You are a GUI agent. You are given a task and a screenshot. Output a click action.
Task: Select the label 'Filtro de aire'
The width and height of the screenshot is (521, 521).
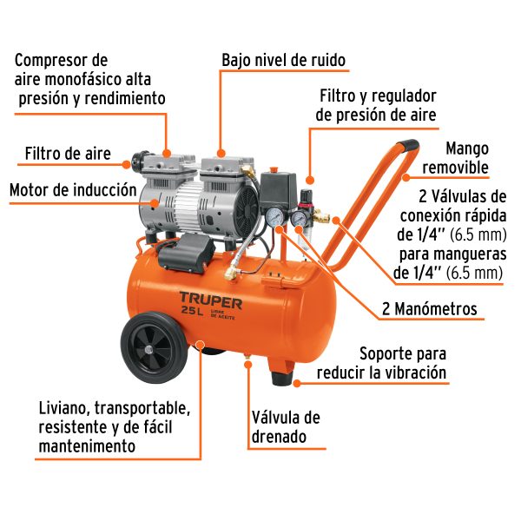[x=68, y=155]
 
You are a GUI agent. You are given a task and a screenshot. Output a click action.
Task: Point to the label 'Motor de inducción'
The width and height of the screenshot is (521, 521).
[x=73, y=189]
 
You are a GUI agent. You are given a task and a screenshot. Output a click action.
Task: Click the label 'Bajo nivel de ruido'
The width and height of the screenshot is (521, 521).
[x=284, y=61]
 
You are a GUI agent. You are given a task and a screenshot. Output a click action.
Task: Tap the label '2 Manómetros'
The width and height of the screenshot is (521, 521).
[x=430, y=308]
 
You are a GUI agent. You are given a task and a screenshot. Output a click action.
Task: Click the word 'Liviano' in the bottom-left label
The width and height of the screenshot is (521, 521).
[x=63, y=407]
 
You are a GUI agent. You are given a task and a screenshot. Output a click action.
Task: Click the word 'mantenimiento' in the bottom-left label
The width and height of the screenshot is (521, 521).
[x=87, y=446]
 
